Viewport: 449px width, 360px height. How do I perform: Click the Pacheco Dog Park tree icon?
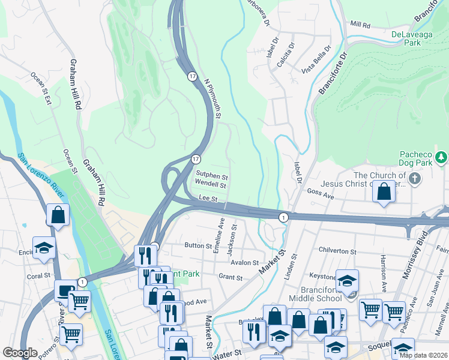pos(442,157)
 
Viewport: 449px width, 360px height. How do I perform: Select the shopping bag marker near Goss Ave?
pos(384,193)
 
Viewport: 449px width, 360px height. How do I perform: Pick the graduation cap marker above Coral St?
pos(44,248)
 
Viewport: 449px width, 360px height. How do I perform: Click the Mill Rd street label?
pos(361,25)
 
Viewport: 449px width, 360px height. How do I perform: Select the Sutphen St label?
pos(211,177)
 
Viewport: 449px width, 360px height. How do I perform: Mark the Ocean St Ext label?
pos(41,88)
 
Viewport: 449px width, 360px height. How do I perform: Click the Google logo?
pos(20,353)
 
